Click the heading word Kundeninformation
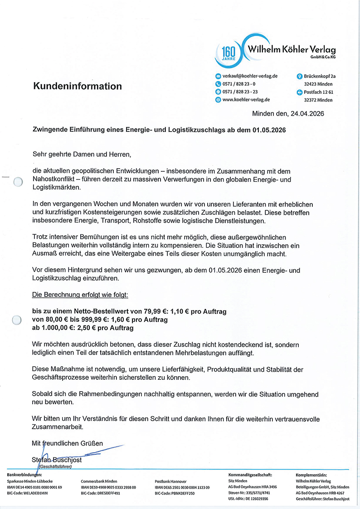click(x=77, y=86)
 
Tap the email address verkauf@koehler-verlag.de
click(x=250, y=76)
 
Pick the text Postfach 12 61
click(x=318, y=92)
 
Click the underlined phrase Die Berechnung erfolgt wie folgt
click(x=80, y=295)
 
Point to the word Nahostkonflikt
click(x=53, y=179)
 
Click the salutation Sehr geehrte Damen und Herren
click(x=82, y=155)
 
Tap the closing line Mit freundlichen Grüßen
click(x=67, y=443)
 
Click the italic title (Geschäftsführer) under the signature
click(x=55, y=467)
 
